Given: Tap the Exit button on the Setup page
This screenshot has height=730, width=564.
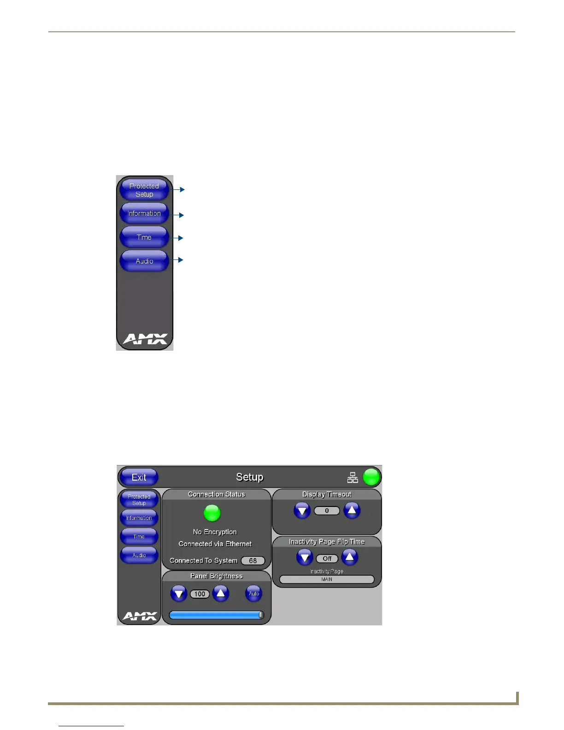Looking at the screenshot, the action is pos(139,477).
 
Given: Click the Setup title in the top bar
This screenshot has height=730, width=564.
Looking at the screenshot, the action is pos(249,477).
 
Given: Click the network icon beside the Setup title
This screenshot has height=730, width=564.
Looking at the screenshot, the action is pos(352,477).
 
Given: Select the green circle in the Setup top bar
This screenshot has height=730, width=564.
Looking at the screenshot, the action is pos(371,477).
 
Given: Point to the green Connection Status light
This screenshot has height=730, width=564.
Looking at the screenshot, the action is pos(212,512).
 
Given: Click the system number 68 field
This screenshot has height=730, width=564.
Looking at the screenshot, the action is pos(253,561).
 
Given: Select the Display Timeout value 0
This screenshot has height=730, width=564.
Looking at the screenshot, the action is pos(327,511).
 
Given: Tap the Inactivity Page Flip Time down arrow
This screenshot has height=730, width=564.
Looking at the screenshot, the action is pos(305,558).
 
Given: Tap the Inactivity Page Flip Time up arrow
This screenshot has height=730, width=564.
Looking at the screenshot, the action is pos(350,557).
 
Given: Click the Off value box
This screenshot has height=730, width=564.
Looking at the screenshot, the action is pos(327,559).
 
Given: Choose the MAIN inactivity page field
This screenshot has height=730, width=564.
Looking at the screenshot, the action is pos(327,579).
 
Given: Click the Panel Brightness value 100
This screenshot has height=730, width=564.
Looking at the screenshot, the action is pos(200,594).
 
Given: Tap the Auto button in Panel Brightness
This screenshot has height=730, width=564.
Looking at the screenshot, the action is pos(254,594).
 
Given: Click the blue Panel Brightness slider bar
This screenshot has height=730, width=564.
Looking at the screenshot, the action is pos(216,615).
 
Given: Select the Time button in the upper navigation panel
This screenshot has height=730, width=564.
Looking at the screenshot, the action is pos(144,237).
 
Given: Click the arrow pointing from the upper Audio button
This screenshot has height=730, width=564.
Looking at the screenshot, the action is pos(179,260).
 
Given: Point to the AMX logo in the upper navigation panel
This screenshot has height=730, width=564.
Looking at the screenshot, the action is pos(145,339).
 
